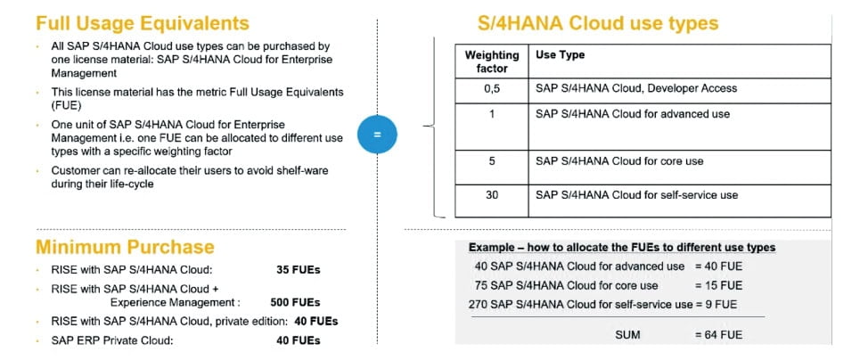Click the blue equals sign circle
377,135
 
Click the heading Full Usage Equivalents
143,24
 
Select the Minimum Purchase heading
125,247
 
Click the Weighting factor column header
491,61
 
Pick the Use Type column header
561,55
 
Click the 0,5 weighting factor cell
491,88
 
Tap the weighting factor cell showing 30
491,195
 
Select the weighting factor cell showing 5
491,161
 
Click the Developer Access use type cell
636,88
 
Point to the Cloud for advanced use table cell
633,114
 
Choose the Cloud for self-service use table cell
636,195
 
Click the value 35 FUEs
299,269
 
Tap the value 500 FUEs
295,303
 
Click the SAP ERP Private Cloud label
111,340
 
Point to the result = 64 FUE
717,335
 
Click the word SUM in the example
628,335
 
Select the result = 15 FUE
717,285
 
